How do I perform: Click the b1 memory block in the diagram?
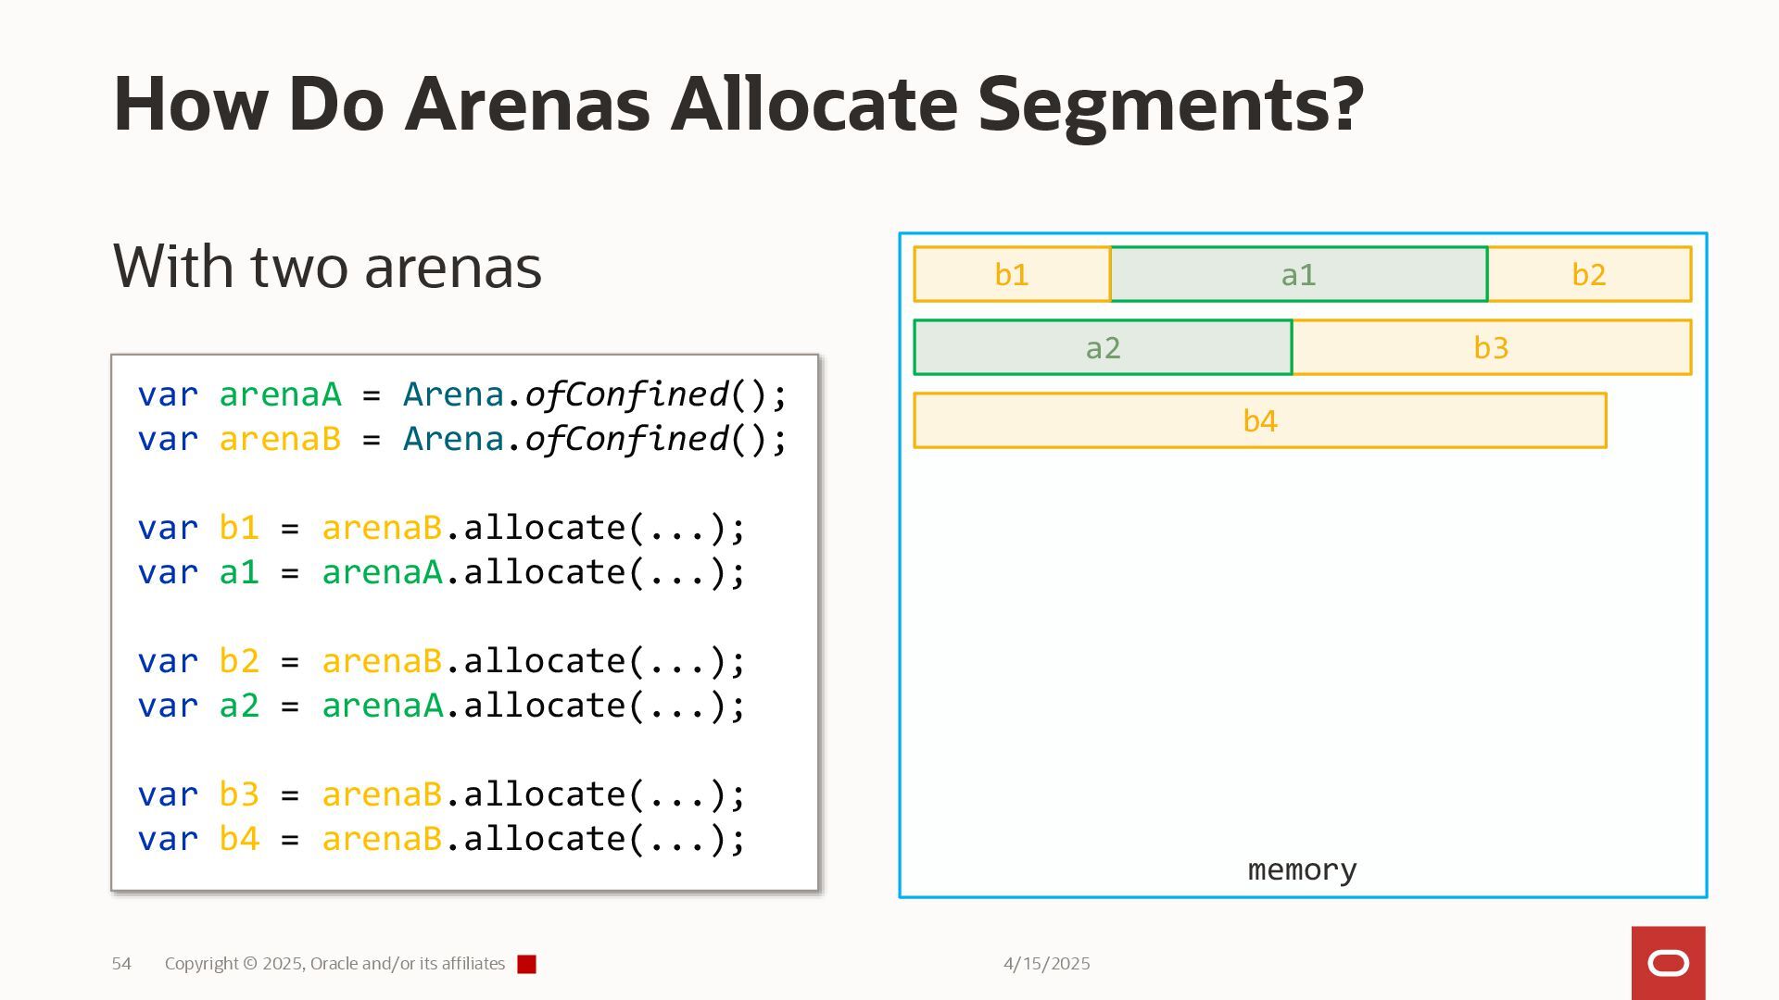tap(1012, 274)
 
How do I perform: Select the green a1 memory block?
tap(1298, 274)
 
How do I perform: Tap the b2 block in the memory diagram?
tap(1589, 274)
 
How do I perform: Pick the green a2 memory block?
tap(1103, 347)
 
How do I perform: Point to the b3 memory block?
tap(1491, 347)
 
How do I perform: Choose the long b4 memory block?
tap(1259, 420)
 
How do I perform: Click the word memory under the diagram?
tap(1302, 869)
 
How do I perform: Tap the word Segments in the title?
tap(1170, 104)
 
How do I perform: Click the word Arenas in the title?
tap(527, 104)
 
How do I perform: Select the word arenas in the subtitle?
tap(453, 267)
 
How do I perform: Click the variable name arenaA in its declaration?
tap(280, 394)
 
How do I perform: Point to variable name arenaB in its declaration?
tap(280, 439)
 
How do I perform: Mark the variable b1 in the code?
tap(238, 528)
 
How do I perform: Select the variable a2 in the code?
tap(238, 706)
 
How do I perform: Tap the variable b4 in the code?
tap(238, 839)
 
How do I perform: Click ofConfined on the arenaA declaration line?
tap(627, 394)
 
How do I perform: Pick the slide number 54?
tap(121, 964)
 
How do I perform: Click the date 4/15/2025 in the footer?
tap(1046, 964)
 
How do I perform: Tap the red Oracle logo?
tap(1668, 963)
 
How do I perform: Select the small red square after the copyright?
tap(526, 965)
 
